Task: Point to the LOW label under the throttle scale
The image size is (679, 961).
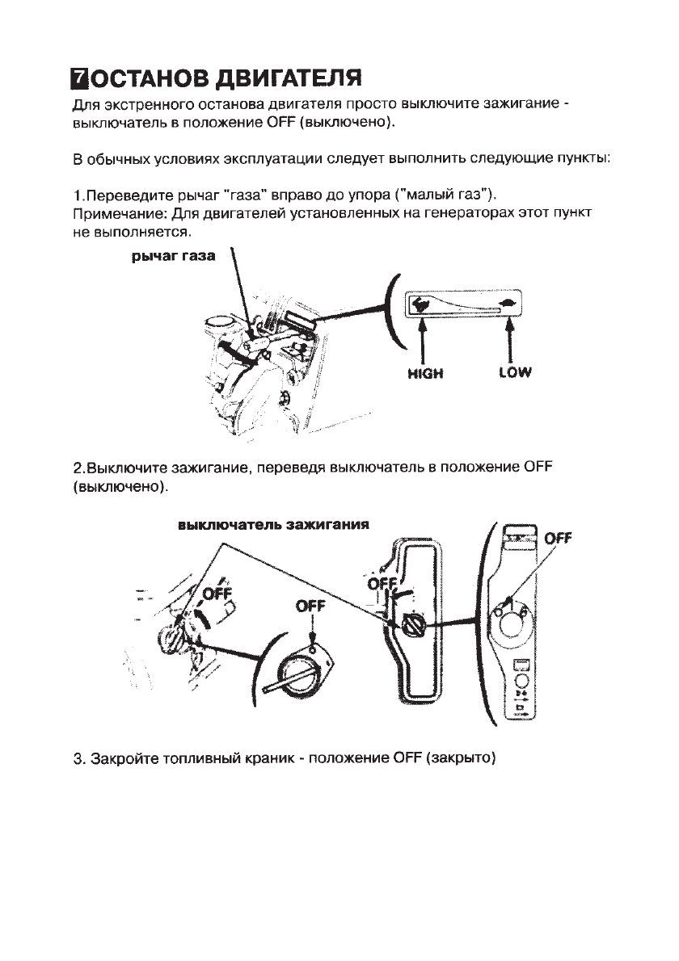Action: pos(515,374)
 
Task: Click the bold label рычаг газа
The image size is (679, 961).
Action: pos(173,257)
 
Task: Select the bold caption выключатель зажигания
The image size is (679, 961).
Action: pos(273,524)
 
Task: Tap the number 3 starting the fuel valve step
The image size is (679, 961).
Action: pos(78,760)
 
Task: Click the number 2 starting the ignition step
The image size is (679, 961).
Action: pos(78,468)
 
